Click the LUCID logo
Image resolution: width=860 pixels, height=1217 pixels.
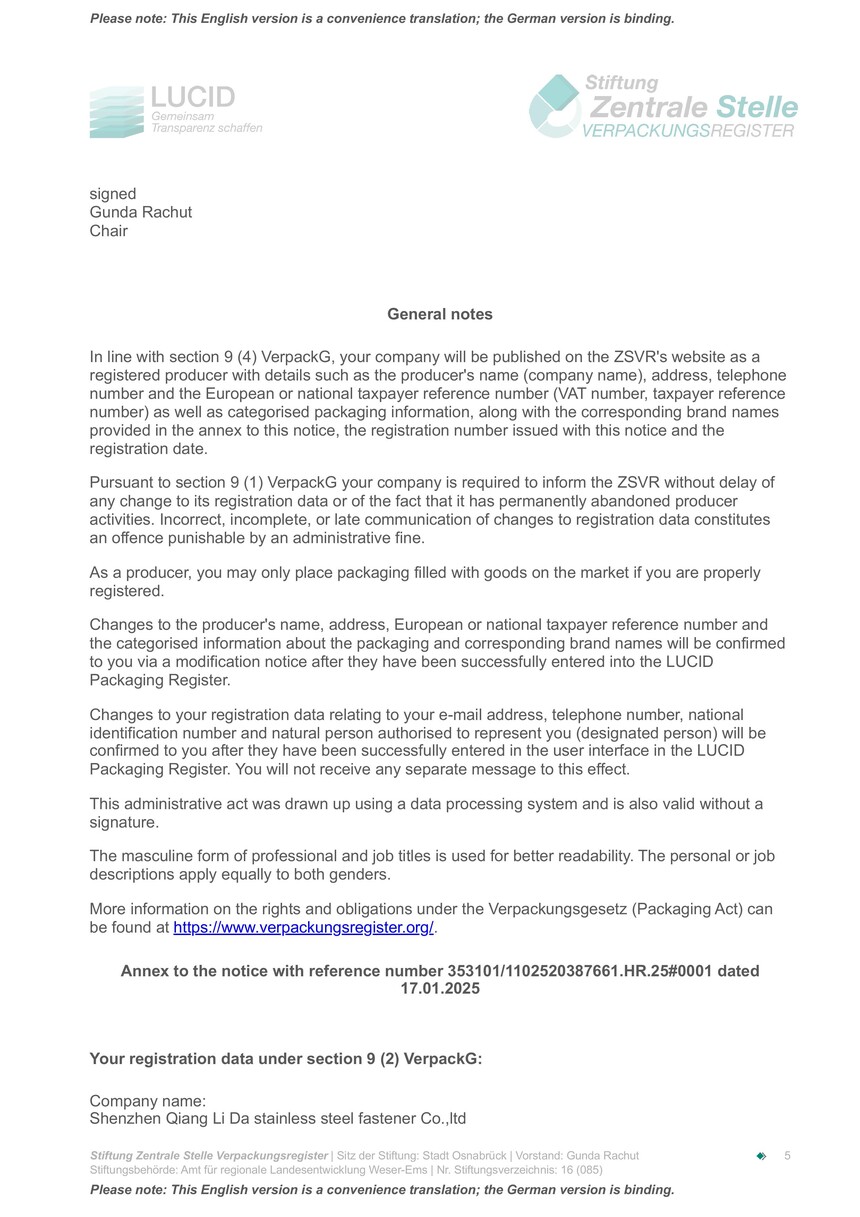point(176,110)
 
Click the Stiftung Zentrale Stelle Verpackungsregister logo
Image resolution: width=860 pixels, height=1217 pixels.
point(663,106)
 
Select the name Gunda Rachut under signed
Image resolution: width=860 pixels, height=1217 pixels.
point(140,212)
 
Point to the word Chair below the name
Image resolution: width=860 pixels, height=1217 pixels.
point(109,231)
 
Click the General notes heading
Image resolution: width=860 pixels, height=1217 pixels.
point(440,314)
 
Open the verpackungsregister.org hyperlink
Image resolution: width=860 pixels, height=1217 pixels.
point(303,927)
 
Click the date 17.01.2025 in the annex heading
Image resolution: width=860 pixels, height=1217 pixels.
point(440,989)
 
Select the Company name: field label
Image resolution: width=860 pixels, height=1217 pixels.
point(147,1101)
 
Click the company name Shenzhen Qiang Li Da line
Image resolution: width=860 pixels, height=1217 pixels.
point(277,1119)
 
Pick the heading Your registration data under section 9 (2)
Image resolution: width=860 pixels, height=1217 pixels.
point(286,1059)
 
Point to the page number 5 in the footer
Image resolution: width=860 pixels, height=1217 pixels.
point(787,1156)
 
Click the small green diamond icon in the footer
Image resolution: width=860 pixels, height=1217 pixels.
point(761,1156)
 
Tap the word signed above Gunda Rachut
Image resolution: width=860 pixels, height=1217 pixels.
point(113,194)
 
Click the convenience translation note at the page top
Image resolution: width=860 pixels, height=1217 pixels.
point(382,19)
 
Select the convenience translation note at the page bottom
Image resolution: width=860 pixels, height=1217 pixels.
point(382,1190)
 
